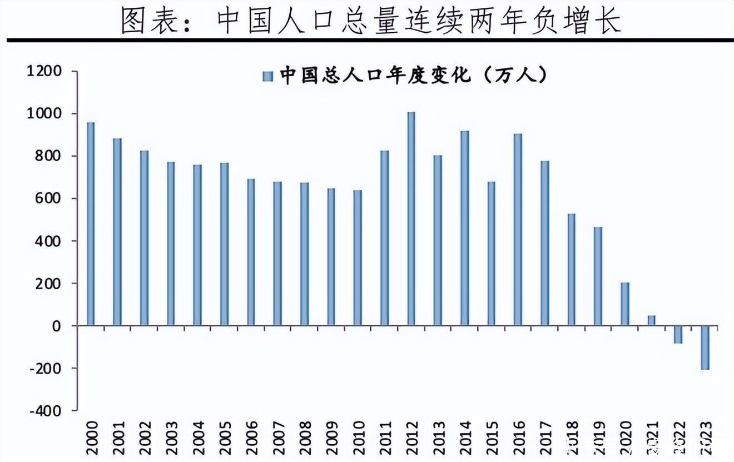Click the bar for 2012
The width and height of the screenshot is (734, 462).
click(411, 218)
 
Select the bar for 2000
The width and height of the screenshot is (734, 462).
click(91, 223)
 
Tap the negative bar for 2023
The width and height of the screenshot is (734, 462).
click(705, 347)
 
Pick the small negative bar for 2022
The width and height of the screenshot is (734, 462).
click(678, 334)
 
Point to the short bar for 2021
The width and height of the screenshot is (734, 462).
click(651, 320)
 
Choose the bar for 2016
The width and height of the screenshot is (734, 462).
click(518, 229)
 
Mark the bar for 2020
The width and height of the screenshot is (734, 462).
click(624, 304)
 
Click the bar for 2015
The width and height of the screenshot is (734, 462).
click(491, 254)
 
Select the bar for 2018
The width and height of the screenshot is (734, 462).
click(571, 269)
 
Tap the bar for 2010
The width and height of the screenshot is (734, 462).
click(358, 257)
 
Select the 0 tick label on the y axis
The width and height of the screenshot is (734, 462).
click(56, 326)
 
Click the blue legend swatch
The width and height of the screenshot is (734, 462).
click(268, 76)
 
